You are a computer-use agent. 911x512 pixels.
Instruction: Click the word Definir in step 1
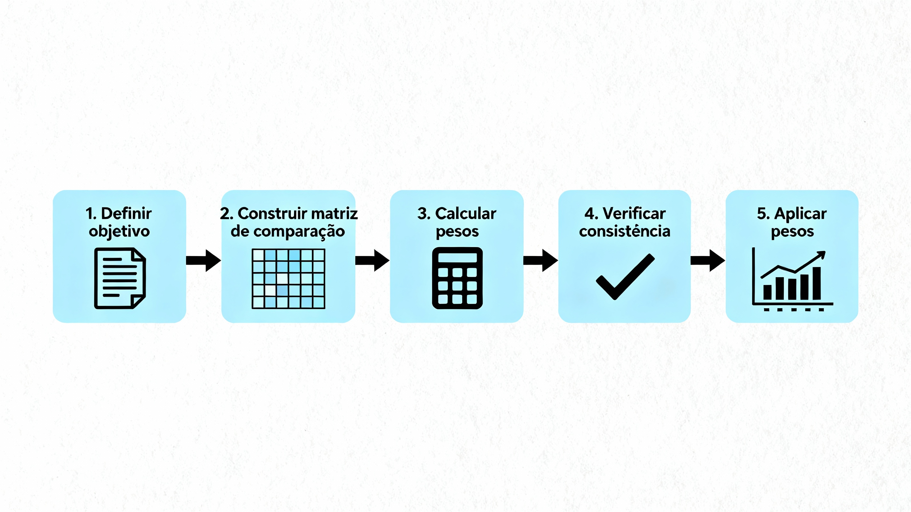126,214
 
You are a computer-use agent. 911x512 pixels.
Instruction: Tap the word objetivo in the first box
119,232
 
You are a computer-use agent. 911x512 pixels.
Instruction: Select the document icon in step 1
120,278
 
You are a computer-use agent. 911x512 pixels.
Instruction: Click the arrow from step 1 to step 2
203,260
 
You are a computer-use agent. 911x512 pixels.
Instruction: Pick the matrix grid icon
288,278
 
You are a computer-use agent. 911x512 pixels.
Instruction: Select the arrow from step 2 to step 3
372,260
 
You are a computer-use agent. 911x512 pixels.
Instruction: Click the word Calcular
465,214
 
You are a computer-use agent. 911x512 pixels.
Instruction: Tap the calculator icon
457,278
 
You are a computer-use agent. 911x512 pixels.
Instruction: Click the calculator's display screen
457,258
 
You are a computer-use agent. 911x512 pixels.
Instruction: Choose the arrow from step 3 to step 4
540,260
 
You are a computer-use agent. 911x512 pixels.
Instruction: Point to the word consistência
624,232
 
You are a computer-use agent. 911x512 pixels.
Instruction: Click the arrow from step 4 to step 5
708,260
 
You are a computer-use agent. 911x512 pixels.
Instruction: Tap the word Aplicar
800,214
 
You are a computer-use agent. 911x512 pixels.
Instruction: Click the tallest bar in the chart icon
817,283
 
